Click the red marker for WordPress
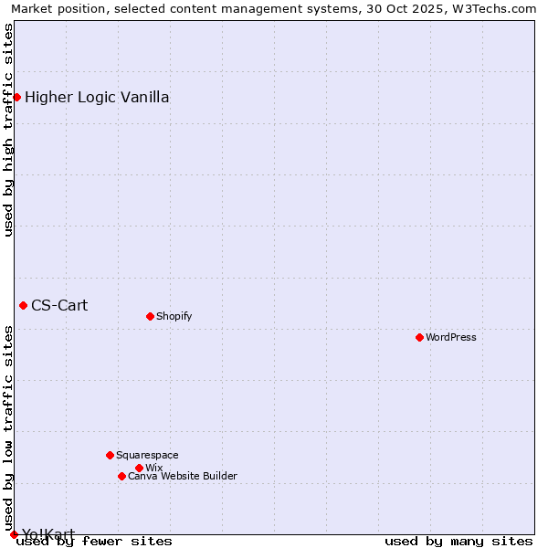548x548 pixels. coord(419,337)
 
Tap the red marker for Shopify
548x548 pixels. coord(150,316)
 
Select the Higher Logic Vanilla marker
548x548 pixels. coord(16,97)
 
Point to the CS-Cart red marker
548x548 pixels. coord(23,305)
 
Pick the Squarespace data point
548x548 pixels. coord(110,455)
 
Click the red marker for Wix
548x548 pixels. coord(139,468)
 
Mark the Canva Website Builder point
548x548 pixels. coord(121,476)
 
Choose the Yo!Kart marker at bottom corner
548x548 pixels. coord(14,534)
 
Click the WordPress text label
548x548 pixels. coord(451,337)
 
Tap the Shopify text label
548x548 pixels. coord(174,316)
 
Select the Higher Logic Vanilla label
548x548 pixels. coord(97,97)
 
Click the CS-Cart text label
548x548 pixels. coord(59,305)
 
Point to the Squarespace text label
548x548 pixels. coord(147,455)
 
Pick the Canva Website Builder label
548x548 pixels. coord(183,476)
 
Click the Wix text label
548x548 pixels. coord(153,468)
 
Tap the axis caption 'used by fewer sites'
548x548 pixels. coord(95,541)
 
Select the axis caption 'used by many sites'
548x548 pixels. coord(458,541)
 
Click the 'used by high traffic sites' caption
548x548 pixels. coord(8,130)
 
